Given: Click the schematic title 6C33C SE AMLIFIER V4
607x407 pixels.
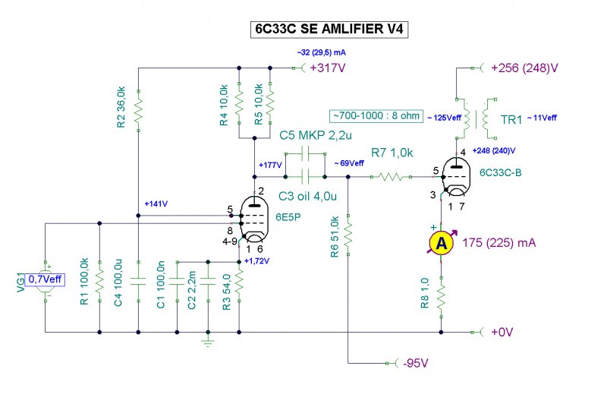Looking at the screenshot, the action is [329, 30].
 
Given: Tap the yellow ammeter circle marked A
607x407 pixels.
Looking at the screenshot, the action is [442, 243].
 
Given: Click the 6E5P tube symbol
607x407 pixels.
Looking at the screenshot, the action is [254, 219].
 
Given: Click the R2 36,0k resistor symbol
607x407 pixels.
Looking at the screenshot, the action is [139, 111].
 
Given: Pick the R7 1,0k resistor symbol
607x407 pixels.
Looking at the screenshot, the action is [391, 177].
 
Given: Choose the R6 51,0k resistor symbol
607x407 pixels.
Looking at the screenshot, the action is [348, 235].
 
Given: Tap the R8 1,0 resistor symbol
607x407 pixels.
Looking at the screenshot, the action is [442, 298].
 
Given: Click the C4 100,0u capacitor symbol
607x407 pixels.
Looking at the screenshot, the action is [139, 282].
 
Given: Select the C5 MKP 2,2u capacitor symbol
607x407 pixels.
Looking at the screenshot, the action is [305, 153].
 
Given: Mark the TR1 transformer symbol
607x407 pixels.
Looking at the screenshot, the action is [476, 118].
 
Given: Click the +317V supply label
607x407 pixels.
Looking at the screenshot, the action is [328, 68].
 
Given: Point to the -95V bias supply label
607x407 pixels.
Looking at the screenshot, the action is [415, 363].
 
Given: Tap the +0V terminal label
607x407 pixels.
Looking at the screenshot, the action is [502, 332].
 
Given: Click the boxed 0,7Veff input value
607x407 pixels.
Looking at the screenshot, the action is [45, 279].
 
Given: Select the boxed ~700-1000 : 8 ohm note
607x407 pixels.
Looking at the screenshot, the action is [376, 115].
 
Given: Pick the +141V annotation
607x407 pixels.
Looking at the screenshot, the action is [156, 204].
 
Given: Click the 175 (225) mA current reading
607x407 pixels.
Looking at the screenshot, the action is [499, 243].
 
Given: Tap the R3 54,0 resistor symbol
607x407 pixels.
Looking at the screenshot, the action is [239, 282].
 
